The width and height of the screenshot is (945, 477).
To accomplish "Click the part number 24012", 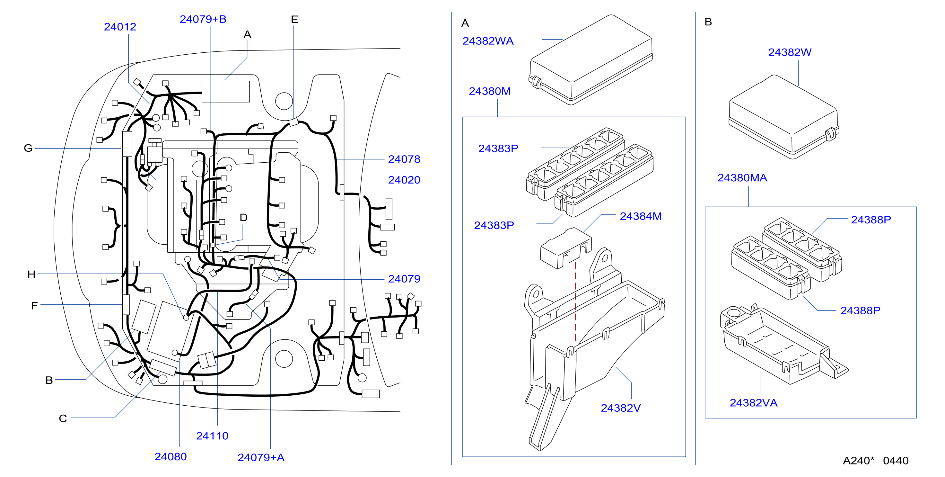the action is [x=120, y=27].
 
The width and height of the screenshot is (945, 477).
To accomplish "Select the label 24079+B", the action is [x=203, y=19].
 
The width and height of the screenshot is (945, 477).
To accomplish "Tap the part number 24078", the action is [x=404, y=159].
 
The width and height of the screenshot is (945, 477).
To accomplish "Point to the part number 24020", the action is [x=404, y=180].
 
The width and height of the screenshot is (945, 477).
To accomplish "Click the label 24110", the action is [x=212, y=436].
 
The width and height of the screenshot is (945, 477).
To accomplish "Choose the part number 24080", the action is [x=171, y=456].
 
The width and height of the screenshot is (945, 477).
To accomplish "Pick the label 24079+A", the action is [x=261, y=457].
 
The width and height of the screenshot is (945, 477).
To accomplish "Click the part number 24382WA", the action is [x=488, y=41].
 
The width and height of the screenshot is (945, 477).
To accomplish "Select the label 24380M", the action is [x=490, y=91].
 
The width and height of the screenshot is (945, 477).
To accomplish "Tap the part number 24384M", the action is [x=641, y=216].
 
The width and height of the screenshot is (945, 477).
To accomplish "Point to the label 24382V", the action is [x=620, y=408].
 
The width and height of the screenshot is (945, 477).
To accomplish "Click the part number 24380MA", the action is [x=742, y=178].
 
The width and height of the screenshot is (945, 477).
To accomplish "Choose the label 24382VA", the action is [x=754, y=403].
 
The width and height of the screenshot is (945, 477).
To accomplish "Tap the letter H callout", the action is [x=31, y=274].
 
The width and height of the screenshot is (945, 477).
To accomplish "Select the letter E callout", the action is [x=294, y=20].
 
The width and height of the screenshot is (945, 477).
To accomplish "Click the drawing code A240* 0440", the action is [x=875, y=461].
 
